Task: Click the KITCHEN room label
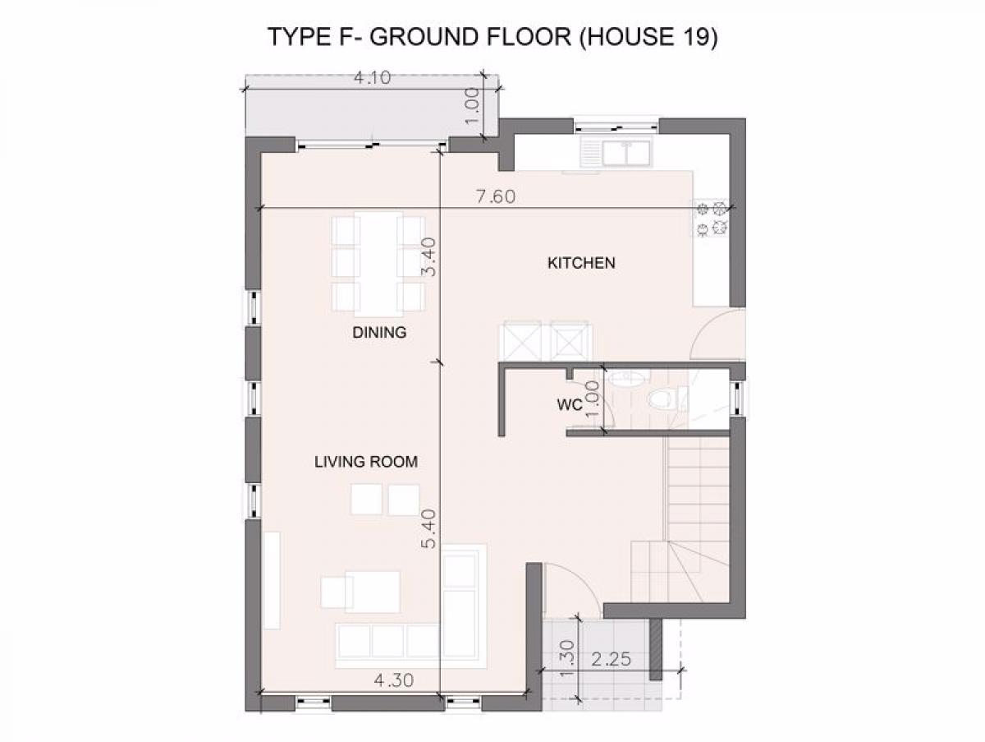[581, 263]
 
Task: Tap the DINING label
[380, 332]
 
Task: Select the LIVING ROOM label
[366, 462]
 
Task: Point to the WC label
[570, 404]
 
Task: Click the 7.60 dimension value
[496, 196]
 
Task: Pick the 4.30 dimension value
[393, 680]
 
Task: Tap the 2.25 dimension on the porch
[612, 659]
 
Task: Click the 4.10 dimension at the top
[373, 78]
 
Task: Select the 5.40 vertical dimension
[429, 528]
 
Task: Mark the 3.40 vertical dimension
[429, 257]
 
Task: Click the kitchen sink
[616, 151]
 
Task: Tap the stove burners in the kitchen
[712, 219]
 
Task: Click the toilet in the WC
[662, 399]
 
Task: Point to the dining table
[378, 264]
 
